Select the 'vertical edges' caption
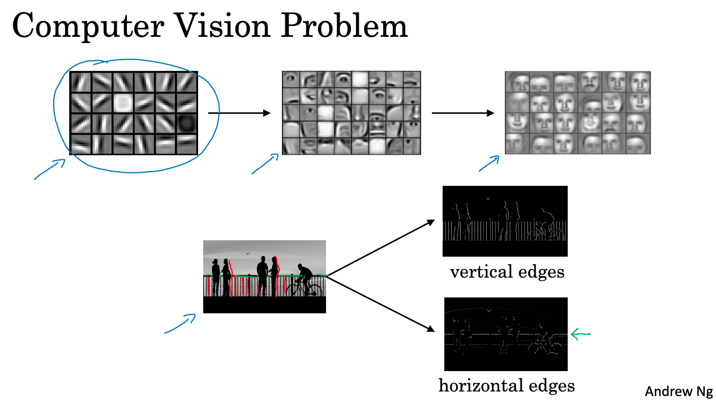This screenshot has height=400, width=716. click(507, 272)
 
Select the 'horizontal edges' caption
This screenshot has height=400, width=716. click(507, 386)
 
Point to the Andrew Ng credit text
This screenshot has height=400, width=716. click(679, 391)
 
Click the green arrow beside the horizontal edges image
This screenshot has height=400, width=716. click(580, 334)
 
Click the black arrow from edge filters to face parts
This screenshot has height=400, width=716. click(239, 113)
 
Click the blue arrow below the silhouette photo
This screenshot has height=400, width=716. click(180, 324)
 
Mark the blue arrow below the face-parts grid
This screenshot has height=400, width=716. click(265, 164)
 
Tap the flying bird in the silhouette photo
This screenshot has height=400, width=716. click(247, 253)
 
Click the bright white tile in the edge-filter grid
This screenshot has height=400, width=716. click(122, 102)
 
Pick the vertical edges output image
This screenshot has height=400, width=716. click(505, 222)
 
